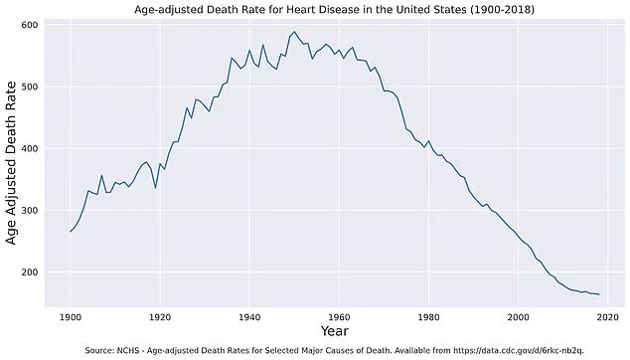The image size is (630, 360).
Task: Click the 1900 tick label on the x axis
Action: (x=71, y=315)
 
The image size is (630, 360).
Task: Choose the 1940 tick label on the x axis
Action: (x=249, y=315)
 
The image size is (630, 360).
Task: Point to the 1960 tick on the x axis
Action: (x=339, y=315)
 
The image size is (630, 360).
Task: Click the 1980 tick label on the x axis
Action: (x=428, y=315)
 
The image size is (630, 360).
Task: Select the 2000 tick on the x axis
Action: (x=518, y=315)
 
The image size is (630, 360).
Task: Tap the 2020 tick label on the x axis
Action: (x=607, y=315)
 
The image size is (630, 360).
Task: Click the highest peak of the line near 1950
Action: (x=294, y=32)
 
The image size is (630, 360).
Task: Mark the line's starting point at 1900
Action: (x=71, y=232)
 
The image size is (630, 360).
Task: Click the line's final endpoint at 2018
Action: (x=598, y=294)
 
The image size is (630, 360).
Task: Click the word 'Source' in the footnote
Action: (x=101, y=350)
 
